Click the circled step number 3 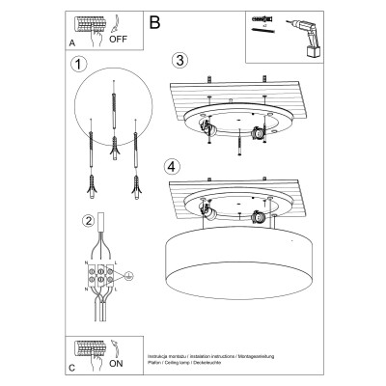coord(178,60)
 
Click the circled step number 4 coord(172,166)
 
